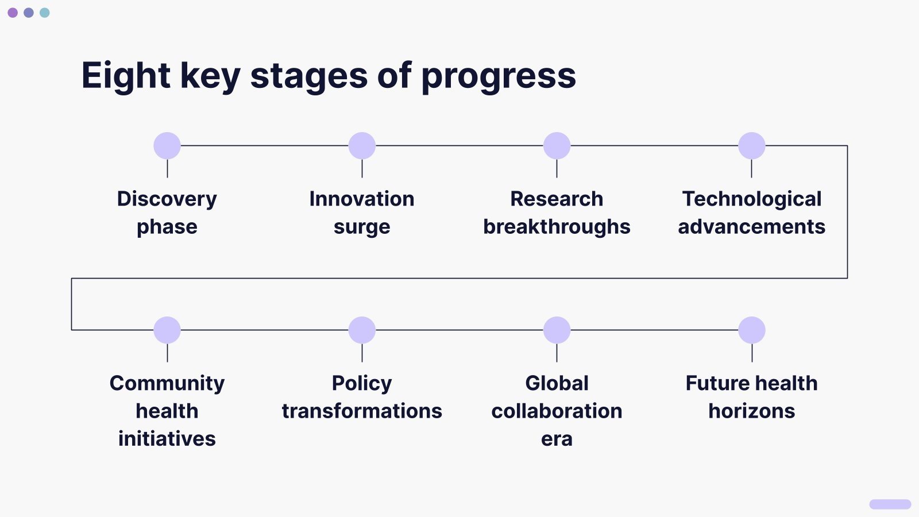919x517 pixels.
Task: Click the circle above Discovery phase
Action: pos(167,146)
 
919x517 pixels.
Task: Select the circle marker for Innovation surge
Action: pos(362,146)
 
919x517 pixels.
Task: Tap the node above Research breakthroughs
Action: pos(557,146)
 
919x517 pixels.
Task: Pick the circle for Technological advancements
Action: pos(752,146)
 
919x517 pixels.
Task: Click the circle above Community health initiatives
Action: pos(167,330)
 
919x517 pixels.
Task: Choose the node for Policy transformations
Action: pos(362,330)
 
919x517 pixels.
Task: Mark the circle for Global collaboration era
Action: pos(557,330)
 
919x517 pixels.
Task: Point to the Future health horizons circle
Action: pos(752,330)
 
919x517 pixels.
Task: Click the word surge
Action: pos(362,227)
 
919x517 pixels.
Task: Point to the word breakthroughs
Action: pos(557,227)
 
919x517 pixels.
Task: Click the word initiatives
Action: pos(167,439)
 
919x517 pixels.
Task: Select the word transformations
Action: pos(362,411)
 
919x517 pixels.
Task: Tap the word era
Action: pos(557,439)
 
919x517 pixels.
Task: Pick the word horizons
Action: pos(752,411)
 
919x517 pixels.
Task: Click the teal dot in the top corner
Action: pos(45,13)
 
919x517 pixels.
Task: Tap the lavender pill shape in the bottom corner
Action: pos(890,504)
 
